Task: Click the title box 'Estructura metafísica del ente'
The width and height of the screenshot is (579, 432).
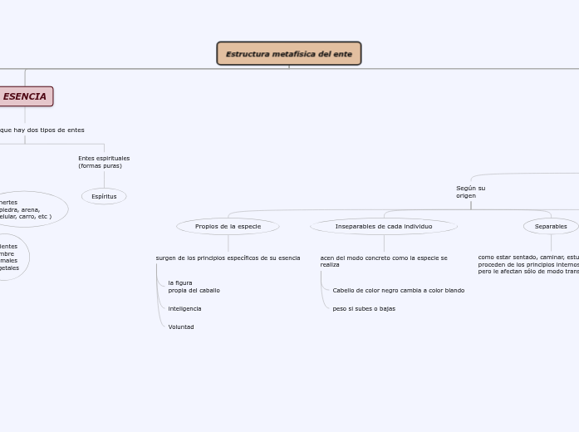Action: click(288, 54)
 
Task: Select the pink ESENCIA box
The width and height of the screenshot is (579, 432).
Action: click(25, 96)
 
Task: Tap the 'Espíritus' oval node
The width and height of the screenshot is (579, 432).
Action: click(104, 197)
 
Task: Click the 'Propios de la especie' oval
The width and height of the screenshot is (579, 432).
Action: click(228, 226)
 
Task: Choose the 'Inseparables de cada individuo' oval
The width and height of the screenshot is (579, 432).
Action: click(384, 226)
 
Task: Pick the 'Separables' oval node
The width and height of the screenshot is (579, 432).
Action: click(551, 226)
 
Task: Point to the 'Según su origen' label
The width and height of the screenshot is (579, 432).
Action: click(470, 192)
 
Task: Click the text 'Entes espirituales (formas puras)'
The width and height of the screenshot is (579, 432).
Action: click(104, 162)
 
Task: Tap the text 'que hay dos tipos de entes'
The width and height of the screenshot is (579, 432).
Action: click(42, 130)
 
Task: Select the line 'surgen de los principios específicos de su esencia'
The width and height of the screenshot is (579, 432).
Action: click(228, 258)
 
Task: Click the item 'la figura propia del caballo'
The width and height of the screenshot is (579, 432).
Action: click(194, 287)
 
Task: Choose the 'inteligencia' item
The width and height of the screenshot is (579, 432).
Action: click(184, 309)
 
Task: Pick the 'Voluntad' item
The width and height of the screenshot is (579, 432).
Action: click(181, 327)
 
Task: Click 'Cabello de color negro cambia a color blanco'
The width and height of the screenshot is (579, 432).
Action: click(398, 291)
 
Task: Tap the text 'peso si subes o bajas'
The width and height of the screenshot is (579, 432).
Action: click(364, 309)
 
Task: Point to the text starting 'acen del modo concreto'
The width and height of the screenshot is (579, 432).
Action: click(384, 262)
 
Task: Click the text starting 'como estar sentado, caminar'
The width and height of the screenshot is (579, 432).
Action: click(528, 264)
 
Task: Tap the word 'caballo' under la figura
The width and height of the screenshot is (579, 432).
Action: click(208, 291)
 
